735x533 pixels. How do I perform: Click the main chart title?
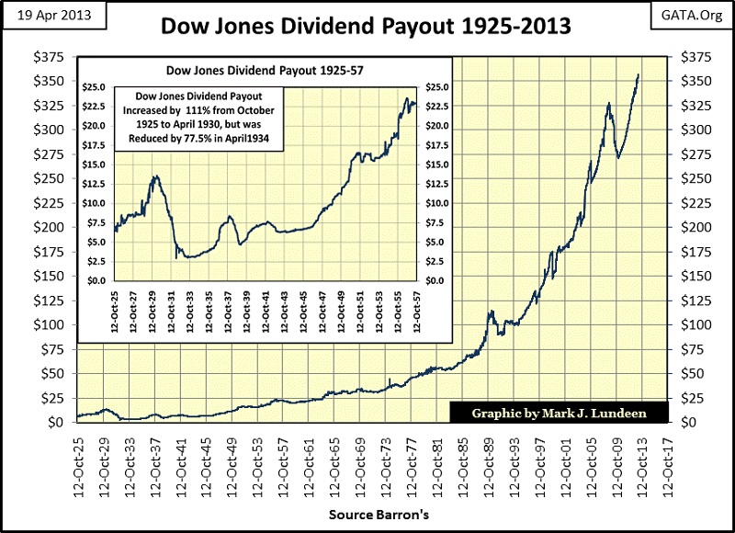366,25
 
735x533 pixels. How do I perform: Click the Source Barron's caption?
366,515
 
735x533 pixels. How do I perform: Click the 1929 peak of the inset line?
156,176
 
